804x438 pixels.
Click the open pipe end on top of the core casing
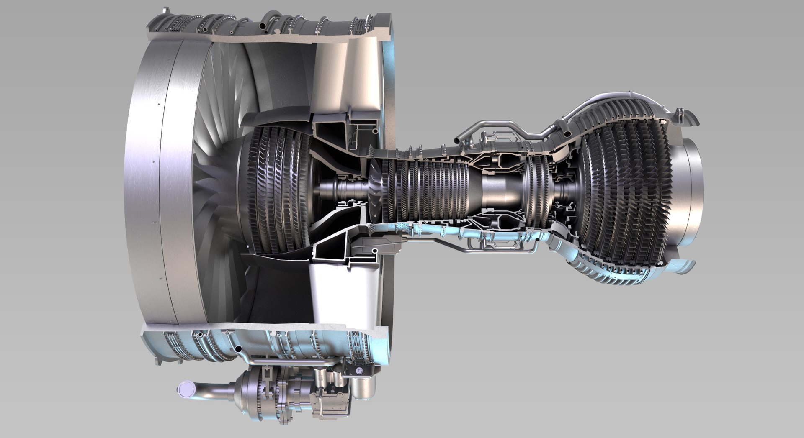[459, 136]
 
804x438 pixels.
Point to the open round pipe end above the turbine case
[568, 133]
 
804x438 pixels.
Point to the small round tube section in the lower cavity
[375, 251]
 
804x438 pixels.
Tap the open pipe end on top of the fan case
[263, 26]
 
